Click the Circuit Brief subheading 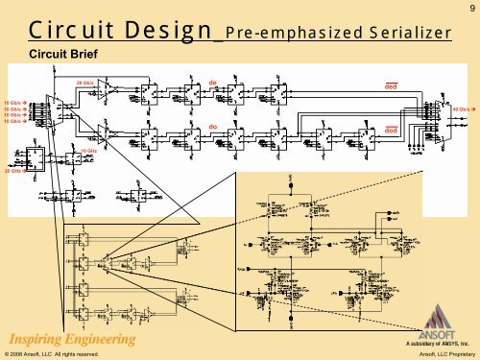[x=67, y=54]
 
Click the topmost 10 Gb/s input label [x=13, y=101]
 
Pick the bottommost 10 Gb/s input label [x=13, y=122]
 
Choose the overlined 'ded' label [x=391, y=86]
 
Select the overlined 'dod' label [x=391, y=132]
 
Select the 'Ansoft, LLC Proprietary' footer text [x=446, y=354]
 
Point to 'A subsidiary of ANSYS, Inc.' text [x=437, y=341]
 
